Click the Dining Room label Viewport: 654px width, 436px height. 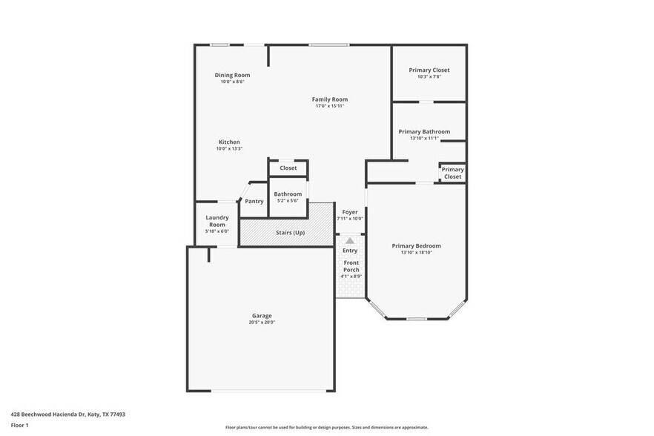coord(232,75)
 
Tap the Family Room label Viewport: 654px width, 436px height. coord(329,99)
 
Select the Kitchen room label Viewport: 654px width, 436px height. coord(228,142)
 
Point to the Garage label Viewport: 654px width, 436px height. coord(261,315)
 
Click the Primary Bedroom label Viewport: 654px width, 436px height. coord(416,245)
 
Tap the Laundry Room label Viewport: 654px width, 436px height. coord(217,221)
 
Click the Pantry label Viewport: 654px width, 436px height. coord(254,201)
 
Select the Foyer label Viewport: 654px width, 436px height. coord(350,212)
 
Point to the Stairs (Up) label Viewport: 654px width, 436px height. coord(290,232)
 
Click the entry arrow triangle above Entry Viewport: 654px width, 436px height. coord(350,240)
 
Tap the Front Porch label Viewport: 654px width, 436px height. coord(351,266)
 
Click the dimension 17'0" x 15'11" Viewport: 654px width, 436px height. coord(329,106)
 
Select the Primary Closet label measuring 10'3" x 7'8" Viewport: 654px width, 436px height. coord(429,70)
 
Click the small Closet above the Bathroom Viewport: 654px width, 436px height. coord(288,168)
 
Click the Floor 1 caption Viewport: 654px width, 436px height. coord(19,425)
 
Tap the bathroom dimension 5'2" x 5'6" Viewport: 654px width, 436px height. coord(288,201)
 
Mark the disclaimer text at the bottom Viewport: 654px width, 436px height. coord(326,427)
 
